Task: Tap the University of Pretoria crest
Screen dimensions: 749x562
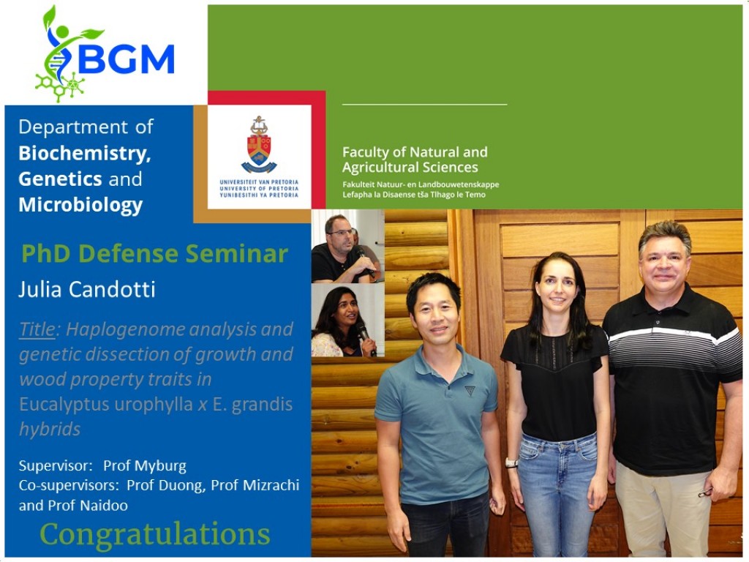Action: (259, 144)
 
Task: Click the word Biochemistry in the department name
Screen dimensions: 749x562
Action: (85, 154)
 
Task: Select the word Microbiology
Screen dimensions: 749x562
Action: (80, 205)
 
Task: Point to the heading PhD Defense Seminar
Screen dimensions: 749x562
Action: (155, 253)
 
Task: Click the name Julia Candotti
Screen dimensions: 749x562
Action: (87, 290)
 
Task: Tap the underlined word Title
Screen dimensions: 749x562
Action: (37, 329)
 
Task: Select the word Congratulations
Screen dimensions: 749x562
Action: (155, 533)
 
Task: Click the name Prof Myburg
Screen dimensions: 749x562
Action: (145, 466)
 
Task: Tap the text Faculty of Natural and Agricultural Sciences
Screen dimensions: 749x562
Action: (415, 160)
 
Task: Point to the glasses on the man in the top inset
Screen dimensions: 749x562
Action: (341, 233)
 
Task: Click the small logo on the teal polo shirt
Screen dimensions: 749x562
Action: (470, 391)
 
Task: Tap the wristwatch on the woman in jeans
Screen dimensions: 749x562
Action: (511, 462)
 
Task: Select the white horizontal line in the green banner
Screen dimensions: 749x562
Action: (425, 104)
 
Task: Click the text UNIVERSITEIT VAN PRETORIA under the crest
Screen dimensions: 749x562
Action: (259, 182)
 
